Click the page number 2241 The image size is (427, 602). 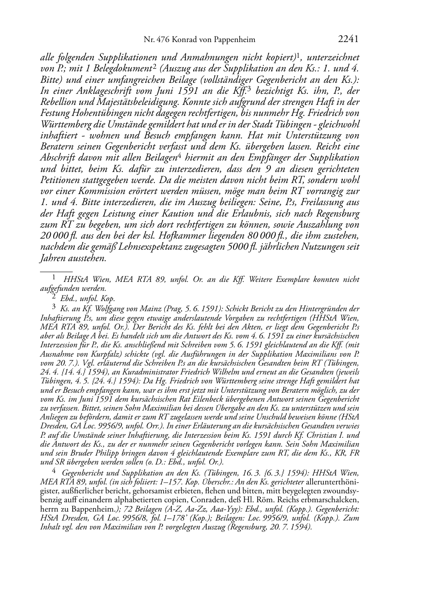348,39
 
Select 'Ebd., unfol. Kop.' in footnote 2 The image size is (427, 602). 88,298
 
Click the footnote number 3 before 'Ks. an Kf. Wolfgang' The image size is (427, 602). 54,307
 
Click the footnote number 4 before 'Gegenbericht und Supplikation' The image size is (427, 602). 54,472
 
